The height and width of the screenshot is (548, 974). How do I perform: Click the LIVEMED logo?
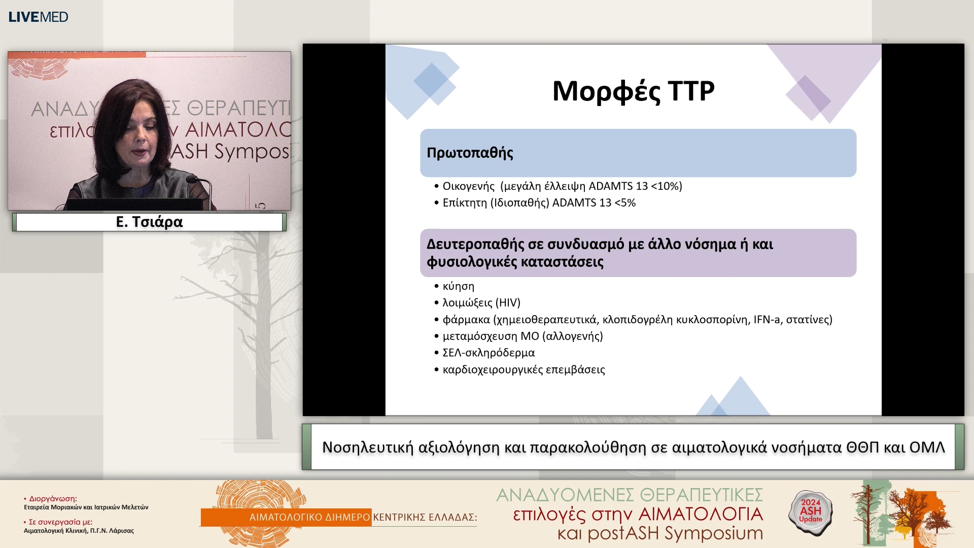point(38,17)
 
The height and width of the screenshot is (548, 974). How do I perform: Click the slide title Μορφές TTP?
point(633,91)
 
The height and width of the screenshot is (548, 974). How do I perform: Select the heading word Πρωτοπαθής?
point(470,153)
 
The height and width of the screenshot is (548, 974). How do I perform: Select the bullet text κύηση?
point(458,286)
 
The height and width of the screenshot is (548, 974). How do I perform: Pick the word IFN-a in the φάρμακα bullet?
point(766,320)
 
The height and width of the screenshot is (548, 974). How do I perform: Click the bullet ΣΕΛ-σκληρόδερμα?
point(488,353)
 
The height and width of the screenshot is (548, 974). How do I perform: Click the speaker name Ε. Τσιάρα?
point(149,222)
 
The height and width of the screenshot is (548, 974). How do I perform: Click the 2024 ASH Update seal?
point(810,511)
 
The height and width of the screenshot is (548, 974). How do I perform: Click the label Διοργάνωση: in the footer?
point(53,499)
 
